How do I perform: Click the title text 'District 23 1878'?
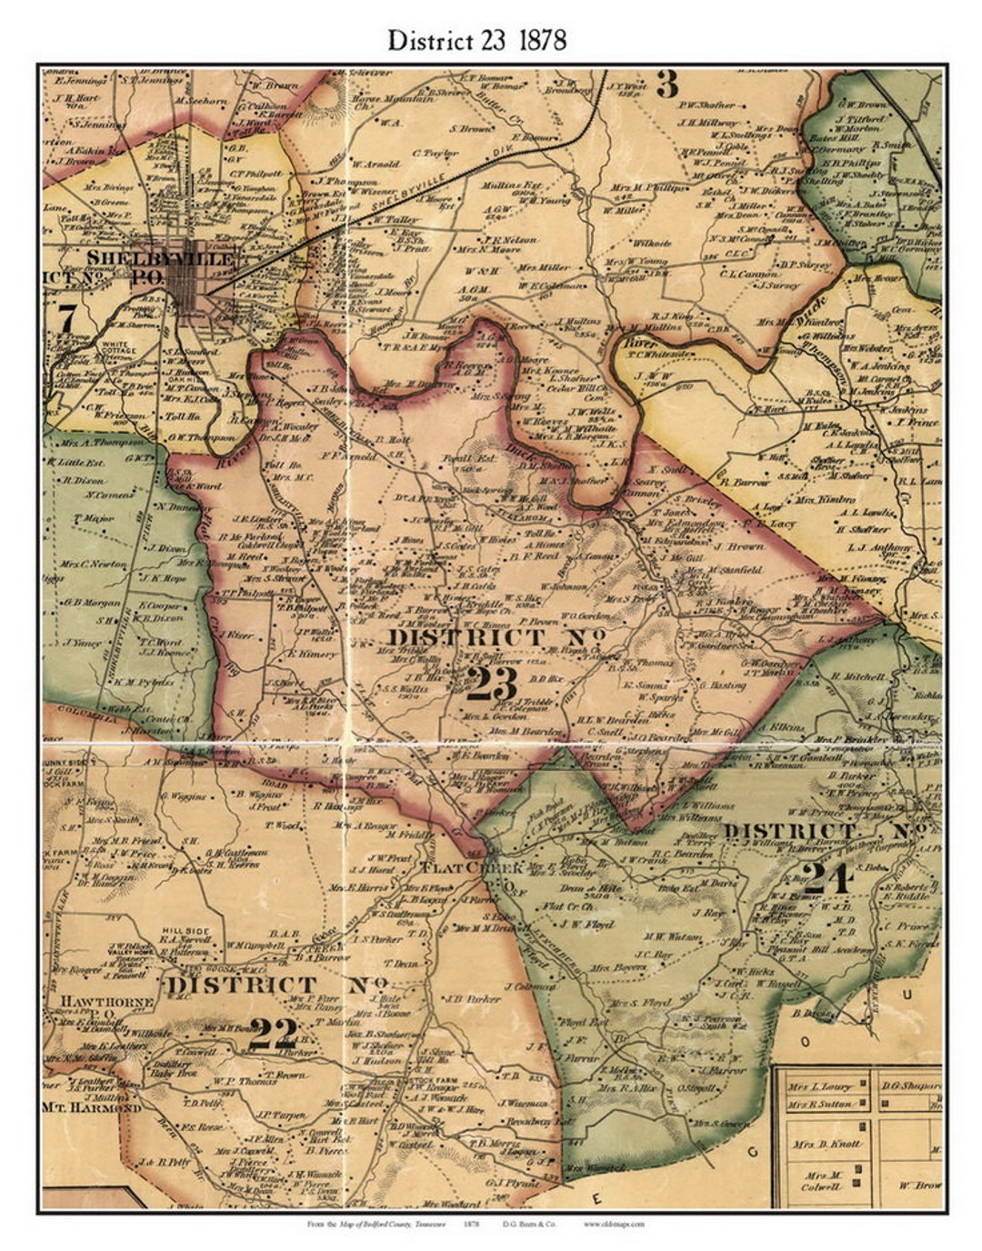coord(476,40)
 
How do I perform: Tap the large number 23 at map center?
coord(492,685)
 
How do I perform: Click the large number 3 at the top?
coord(667,85)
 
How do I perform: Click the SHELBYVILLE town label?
coord(159,259)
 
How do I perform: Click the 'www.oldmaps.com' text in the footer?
coord(615,1225)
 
